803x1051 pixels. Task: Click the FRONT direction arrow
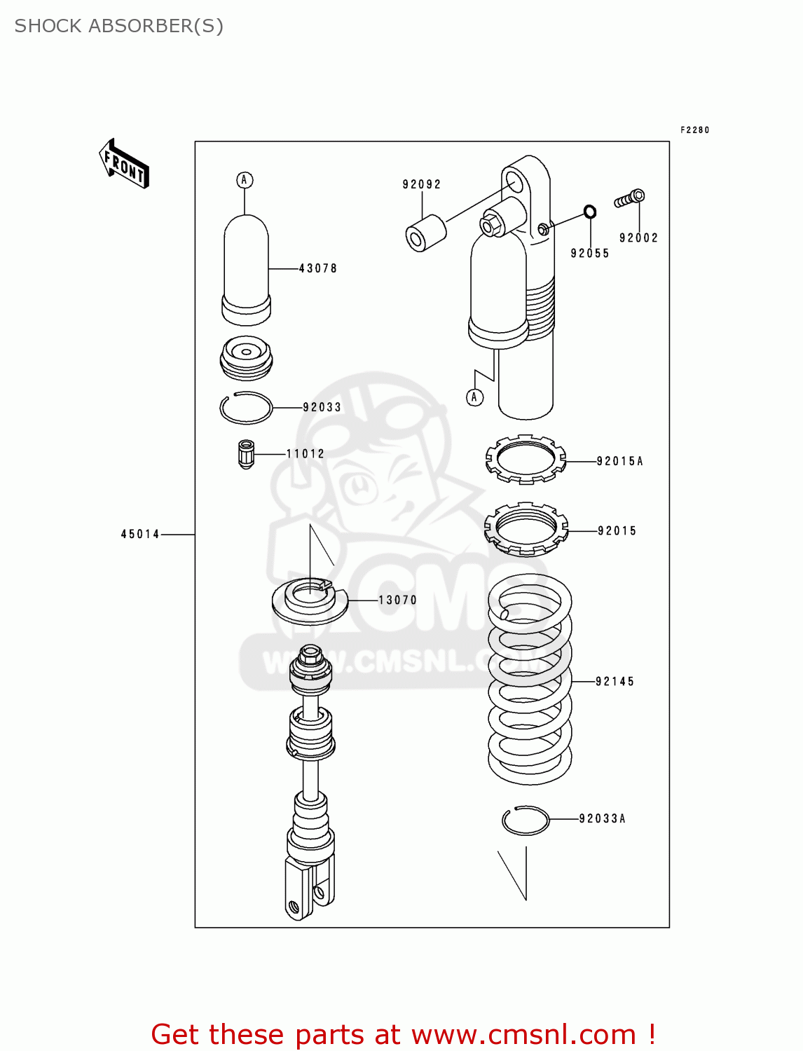click(x=124, y=164)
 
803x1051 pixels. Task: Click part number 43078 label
click(x=318, y=268)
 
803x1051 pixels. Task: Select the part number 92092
click(x=421, y=184)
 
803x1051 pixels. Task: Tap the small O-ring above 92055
click(x=590, y=212)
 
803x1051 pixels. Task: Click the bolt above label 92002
click(x=630, y=199)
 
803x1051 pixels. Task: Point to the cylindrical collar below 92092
click(x=425, y=233)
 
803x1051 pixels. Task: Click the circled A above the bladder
click(x=245, y=180)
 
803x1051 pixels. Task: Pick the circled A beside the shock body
click(x=474, y=397)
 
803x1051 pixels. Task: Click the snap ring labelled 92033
click(x=246, y=408)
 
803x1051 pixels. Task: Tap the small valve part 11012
click(x=246, y=454)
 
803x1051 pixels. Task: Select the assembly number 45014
click(x=140, y=535)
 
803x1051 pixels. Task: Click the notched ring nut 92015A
click(x=526, y=460)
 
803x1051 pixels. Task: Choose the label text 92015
click(x=617, y=531)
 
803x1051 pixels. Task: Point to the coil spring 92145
click(x=530, y=680)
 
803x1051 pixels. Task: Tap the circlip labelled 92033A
click(x=526, y=820)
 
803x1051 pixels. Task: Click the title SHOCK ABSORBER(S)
click(x=119, y=26)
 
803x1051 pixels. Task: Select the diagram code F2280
click(x=694, y=130)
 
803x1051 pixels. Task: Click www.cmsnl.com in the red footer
click(x=523, y=1035)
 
